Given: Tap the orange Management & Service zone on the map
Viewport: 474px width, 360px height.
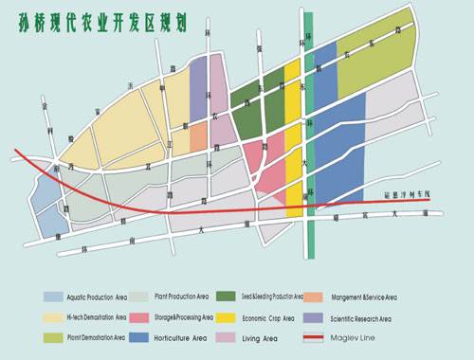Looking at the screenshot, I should coord(198,136).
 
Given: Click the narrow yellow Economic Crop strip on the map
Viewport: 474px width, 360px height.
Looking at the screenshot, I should coord(294,142).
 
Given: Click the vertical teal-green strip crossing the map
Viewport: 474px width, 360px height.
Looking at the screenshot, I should coord(310,142).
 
